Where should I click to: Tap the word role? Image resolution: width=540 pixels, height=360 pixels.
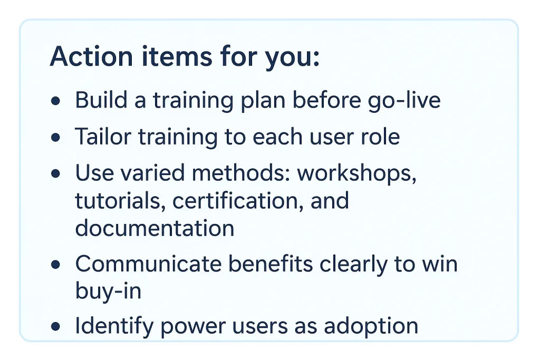tap(381, 137)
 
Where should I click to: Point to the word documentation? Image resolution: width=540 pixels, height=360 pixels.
tap(155, 228)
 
